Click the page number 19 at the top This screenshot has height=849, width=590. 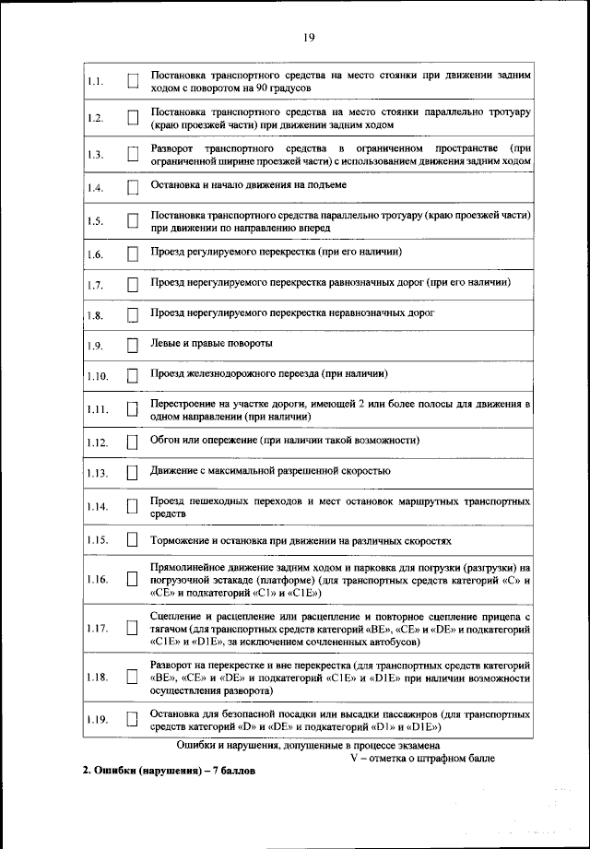(308, 37)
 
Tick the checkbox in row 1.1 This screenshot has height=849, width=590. (132, 82)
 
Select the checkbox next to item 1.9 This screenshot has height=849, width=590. (132, 346)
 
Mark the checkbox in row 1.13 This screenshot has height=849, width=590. (132, 473)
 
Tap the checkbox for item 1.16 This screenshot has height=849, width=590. (132, 580)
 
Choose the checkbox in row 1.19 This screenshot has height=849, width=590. (132, 719)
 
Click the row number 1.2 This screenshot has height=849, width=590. (95, 118)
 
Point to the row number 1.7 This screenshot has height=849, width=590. (95, 285)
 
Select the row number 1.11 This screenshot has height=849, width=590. (97, 409)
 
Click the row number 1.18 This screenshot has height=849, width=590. (97, 678)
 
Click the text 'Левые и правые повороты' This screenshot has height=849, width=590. (211, 343)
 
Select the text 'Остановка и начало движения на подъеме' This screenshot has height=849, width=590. (248, 185)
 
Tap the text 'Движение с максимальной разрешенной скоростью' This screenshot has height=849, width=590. (270, 470)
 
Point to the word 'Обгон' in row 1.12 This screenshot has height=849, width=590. (166, 440)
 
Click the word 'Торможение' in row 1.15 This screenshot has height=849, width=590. (183, 539)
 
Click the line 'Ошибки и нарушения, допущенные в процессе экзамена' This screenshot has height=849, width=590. (308, 744)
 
